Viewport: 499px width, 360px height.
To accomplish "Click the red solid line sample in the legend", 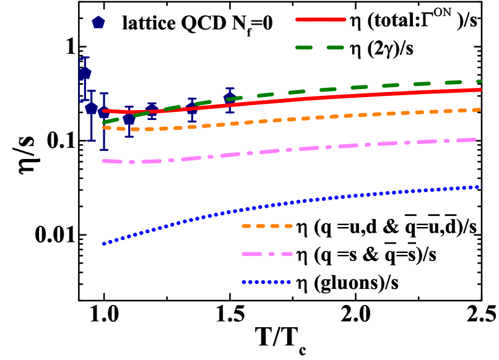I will pyautogui.click(x=320, y=19).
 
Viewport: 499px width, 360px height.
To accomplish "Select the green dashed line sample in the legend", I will pyautogui.click(x=319, y=47).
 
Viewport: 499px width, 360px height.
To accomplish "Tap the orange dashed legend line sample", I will pyautogui.click(x=267, y=226).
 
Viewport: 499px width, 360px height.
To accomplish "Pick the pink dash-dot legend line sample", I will pyautogui.click(x=267, y=254).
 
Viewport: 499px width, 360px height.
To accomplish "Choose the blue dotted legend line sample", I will pyautogui.click(x=266, y=282).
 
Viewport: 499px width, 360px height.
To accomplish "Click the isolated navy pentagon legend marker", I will pyautogui.click(x=98, y=22).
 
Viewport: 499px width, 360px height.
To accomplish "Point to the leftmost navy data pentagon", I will pyautogui.click(x=85, y=73).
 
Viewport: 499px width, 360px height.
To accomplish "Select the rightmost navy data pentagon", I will pyautogui.click(x=230, y=97).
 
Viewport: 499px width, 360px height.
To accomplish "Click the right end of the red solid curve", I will pyautogui.click(x=480, y=90).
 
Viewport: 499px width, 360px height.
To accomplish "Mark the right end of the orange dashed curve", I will pyautogui.click(x=479, y=109).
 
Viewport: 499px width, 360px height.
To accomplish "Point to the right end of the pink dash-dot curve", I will pyautogui.click(x=474, y=140).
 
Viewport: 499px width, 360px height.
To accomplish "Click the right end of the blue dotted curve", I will pyautogui.click(x=480, y=186).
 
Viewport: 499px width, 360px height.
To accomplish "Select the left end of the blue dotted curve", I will pyautogui.click(x=103, y=244).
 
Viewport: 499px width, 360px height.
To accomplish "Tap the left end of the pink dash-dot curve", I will pyautogui.click(x=103, y=161).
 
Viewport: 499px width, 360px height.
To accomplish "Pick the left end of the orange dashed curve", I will pyautogui.click(x=103, y=127).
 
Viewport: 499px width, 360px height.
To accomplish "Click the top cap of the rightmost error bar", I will pyautogui.click(x=230, y=88).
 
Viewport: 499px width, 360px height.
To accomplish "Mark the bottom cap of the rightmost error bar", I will pyautogui.click(x=230, y=112).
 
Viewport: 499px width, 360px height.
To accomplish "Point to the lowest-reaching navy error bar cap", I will pyautogui.click(x=104, y=149).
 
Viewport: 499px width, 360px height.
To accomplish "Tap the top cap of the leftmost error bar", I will pyautogui.click(x=85, y=58).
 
